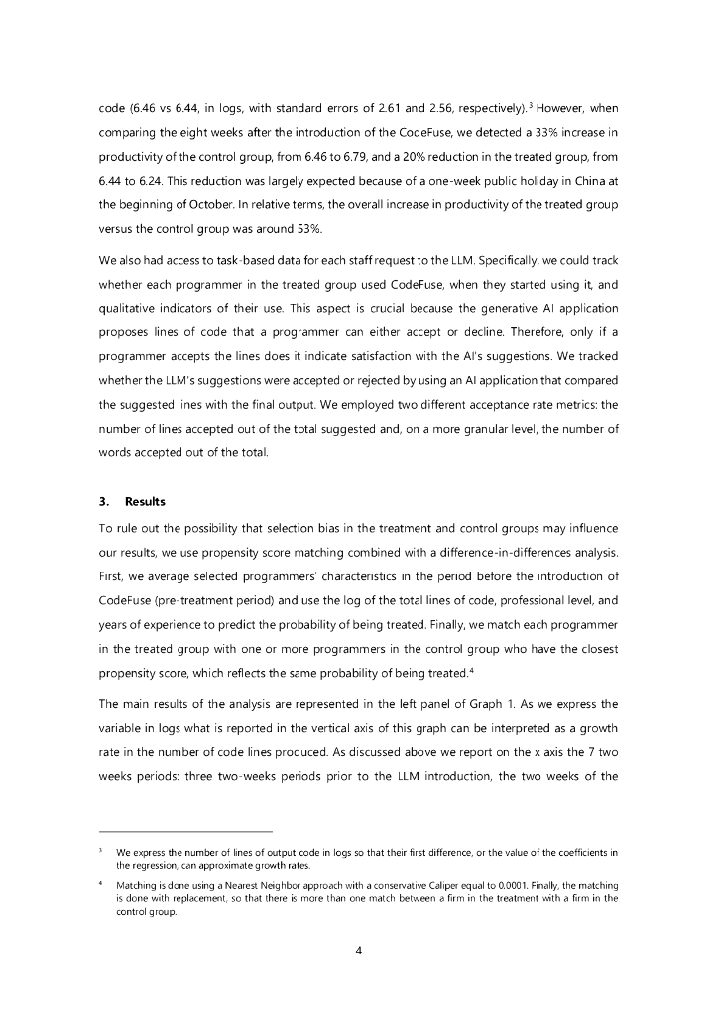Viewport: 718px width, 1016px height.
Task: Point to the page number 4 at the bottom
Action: pyautogui.click(x=359, y=950)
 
